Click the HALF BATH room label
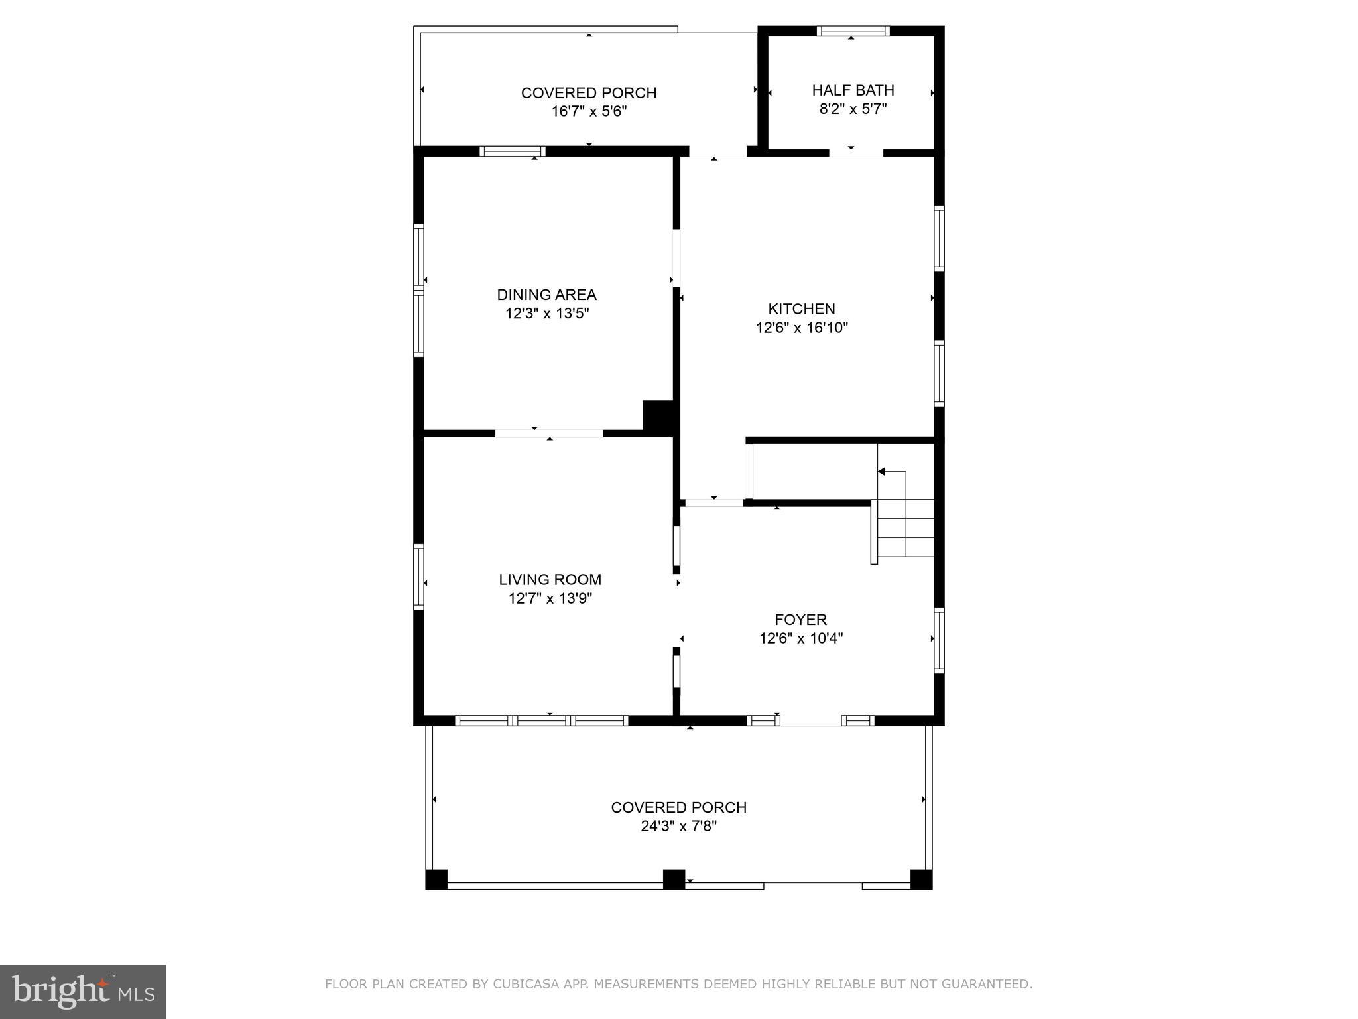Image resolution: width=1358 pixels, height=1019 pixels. tap(853, 90)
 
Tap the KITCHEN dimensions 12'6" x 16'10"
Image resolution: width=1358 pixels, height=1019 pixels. tap(802, 328)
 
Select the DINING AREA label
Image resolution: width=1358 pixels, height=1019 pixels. tap(546, 295)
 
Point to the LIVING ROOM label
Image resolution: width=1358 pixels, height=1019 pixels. tap(550, 580)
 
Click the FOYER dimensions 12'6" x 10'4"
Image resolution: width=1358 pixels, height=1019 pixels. tap(801, 639)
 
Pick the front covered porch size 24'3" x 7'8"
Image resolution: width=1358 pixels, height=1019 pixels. tap(678, 827)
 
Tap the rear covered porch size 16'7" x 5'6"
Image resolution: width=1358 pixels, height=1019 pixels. tap(589, 111)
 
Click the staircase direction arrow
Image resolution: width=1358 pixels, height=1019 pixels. tap(883, 472)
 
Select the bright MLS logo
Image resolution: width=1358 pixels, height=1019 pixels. tap(82, 991)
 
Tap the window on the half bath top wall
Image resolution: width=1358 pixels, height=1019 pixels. tap(853, 31)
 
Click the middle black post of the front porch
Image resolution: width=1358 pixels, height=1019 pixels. tap(674, 879)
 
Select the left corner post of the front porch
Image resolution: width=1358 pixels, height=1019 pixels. tap(436, 879)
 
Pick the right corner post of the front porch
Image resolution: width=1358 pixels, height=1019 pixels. tap(921, 879)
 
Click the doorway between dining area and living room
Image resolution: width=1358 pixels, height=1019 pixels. tap(549, 433)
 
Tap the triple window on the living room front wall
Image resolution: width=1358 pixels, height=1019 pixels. tap(542, 720)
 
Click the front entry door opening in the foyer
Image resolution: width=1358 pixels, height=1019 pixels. tap(810, 721)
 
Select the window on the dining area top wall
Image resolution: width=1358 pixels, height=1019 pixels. tap(512, 151)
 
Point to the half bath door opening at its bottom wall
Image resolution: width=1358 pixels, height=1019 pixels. tap(855, 153)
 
